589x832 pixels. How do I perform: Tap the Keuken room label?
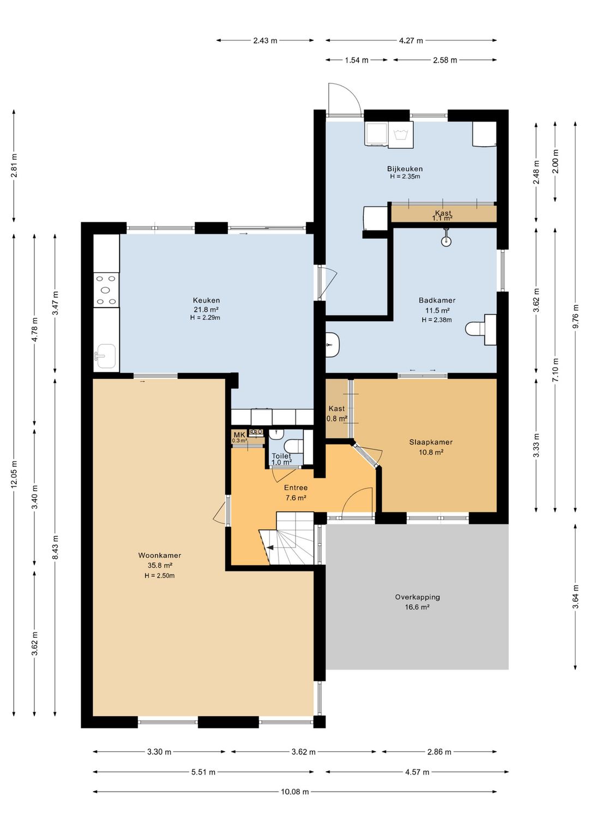coord(206,300)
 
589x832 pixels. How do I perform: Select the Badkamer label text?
coord(437,300)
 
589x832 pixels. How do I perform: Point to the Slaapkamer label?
coord(431,442)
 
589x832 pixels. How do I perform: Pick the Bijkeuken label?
coord(405,169)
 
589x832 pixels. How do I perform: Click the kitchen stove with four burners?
coord(106,290)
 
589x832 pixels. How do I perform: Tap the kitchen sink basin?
coord(106,356)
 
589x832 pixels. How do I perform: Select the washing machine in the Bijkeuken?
coord(401,134)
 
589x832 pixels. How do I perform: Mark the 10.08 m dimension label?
coord(294,792)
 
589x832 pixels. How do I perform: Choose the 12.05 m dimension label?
coord(15,474)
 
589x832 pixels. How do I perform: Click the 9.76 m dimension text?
coord(575,316)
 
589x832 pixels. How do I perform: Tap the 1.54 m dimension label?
coord(356,60)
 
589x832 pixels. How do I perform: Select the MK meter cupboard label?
coord(239,435)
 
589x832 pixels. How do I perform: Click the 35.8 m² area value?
coord(159,566)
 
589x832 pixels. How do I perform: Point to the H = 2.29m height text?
coord(205,317)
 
